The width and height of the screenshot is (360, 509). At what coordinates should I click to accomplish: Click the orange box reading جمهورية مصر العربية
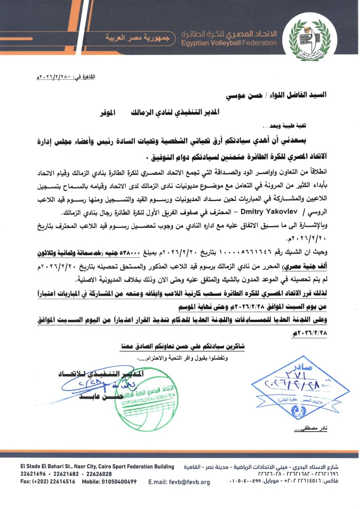pos(137,37)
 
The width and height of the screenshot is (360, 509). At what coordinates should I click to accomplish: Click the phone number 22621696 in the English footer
pos(33,474)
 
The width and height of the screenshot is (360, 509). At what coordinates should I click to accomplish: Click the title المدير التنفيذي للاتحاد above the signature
pos(101,374)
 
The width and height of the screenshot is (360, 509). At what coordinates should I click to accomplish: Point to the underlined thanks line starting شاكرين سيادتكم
pos(182,346)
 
